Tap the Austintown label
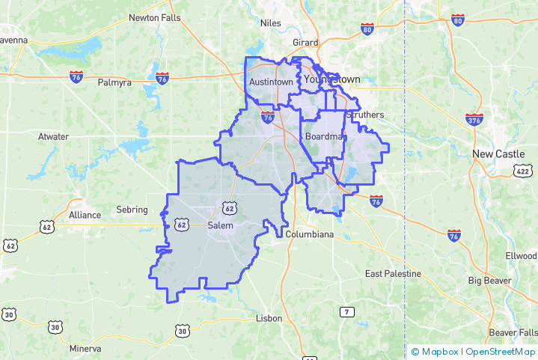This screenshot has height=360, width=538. pos(271,82)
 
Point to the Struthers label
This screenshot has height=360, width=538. pos(365,115)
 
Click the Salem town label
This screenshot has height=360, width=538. pos(221,225)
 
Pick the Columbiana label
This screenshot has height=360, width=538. pos(310,234)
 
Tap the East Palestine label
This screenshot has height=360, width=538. pos(393,274)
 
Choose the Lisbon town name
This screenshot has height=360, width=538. pos(269,318)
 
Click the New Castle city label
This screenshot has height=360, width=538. pos(498,153)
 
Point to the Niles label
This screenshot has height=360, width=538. pos(270,23)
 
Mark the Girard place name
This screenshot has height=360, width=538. pos(305,43)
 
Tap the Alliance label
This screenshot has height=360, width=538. pos(85,215)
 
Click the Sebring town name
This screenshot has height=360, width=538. pos(132,210)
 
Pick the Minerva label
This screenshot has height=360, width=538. pos(85,349)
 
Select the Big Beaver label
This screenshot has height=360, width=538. pos(489,281)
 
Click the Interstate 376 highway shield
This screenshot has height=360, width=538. pos(473,119)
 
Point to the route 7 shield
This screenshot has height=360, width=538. pos(346,311)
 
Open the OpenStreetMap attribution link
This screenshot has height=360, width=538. pos(501,351)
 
